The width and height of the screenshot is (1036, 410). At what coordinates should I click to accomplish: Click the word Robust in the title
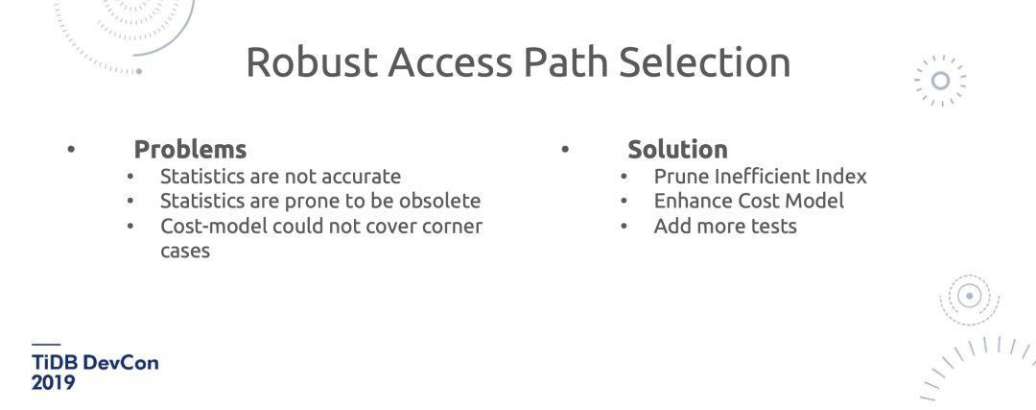[311, 62]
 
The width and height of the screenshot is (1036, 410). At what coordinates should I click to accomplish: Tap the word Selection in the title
[704, 62]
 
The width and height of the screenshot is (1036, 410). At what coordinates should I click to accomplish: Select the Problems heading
[190, 150]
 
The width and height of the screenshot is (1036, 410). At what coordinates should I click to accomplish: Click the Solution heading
[677, 150]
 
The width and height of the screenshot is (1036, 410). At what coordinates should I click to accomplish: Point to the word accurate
[361, 177]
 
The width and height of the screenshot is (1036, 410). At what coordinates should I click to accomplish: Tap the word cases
[185, 252]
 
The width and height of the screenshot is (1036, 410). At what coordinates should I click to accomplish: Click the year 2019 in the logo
[53, 382]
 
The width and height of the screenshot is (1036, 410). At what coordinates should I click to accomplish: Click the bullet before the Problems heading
[71, 149]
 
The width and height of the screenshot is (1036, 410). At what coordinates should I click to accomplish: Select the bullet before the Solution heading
[565, 149]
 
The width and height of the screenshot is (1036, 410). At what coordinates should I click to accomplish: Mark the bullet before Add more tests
[624, 227]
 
